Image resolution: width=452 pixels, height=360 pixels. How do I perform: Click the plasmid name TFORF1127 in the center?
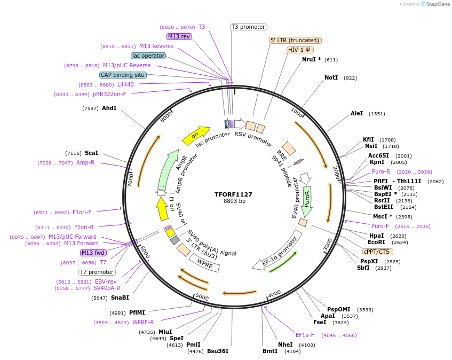coord(233,194)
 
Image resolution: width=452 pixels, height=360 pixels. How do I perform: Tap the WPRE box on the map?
coord(205,262)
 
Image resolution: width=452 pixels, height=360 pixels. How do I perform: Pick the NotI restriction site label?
coord(331,78)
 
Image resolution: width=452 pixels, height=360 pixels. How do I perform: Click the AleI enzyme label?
coord(356,113)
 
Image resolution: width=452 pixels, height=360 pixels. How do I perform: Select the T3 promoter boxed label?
coord(248,27)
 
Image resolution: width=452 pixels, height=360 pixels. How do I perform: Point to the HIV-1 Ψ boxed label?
coord(300,50)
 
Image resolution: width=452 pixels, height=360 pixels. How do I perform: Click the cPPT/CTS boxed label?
coord(377,252)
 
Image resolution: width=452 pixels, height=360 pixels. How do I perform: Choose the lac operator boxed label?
coord(148,56)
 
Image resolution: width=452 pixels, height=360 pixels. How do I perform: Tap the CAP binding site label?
coord(123,75)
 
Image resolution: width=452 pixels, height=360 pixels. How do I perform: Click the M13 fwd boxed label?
coord(93,253)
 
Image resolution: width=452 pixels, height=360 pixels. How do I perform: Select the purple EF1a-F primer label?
coord(305,335)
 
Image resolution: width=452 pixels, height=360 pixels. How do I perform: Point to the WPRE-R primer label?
coord(143,322)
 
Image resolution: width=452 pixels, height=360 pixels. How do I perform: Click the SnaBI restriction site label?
coord(120,298)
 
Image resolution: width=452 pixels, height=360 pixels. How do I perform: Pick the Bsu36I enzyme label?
coord(218,351)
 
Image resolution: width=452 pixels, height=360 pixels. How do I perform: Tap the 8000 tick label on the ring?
coord(167,116)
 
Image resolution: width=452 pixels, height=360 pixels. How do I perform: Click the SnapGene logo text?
coord(437,4)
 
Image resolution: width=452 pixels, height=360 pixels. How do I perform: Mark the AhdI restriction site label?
coord(109,108)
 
